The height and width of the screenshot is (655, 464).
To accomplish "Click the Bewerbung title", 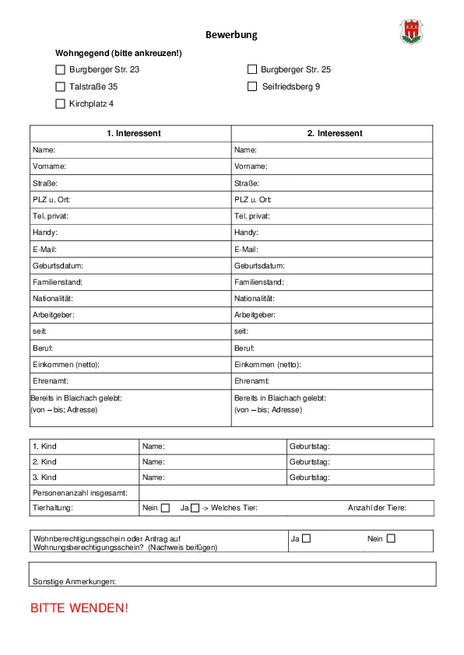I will click(x=231, y=35).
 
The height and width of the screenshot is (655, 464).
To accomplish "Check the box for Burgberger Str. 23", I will click(x=61, y=69).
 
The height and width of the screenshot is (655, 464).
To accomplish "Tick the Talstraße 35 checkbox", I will click(x=61, y=86).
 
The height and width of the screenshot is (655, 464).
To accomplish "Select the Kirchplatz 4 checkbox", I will click(x=61, y=103).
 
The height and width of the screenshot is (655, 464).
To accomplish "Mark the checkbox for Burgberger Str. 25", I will click(x=252, y=69).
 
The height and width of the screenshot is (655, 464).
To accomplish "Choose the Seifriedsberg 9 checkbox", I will click(x=252, y=86).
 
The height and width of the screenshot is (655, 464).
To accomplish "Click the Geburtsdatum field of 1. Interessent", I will click(x=156, y=265).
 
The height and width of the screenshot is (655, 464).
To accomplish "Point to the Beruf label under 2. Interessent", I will click(x=244, y=348).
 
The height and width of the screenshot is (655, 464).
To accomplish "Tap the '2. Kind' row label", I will click(x=44, y=462).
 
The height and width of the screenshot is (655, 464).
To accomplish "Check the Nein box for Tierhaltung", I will click(x=165, y=508).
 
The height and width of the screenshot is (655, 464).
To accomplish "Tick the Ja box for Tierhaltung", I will click(x=195, y=508).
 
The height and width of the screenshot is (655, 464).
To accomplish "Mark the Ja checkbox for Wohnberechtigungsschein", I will click(x=307, y=538).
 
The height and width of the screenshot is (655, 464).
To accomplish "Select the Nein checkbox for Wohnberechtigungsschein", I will click(x=391, y=538).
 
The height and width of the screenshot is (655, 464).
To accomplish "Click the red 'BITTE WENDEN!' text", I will click(x=79, y=608).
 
